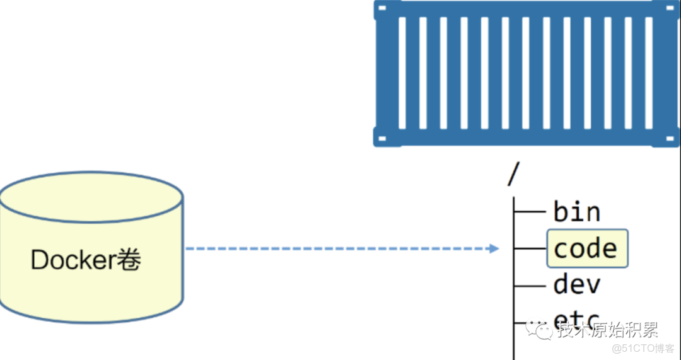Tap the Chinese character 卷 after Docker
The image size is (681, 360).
point(131,259)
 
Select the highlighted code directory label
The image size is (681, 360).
point(586,248)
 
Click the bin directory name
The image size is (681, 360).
point(577,212)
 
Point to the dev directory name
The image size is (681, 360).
point(577,284)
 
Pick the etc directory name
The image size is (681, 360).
point(576,322)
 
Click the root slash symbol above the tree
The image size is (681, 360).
point(511,174)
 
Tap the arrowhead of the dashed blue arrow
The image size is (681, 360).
point(494,249)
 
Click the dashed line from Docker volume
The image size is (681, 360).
point(334,249)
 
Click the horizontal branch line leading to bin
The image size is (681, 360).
point(531,212)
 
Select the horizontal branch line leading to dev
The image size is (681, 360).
point(531,285)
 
